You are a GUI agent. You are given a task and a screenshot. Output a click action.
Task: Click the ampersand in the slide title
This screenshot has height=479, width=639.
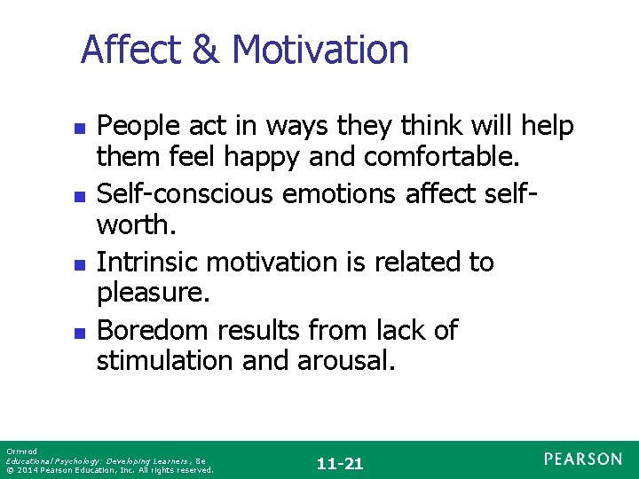(207, 50)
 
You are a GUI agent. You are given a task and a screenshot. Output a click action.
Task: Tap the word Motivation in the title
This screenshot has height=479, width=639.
(320, 50)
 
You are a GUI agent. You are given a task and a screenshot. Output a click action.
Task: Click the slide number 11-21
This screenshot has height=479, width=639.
(340, 463)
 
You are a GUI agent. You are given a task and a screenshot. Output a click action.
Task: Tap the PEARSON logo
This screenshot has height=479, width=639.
(583, 459)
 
